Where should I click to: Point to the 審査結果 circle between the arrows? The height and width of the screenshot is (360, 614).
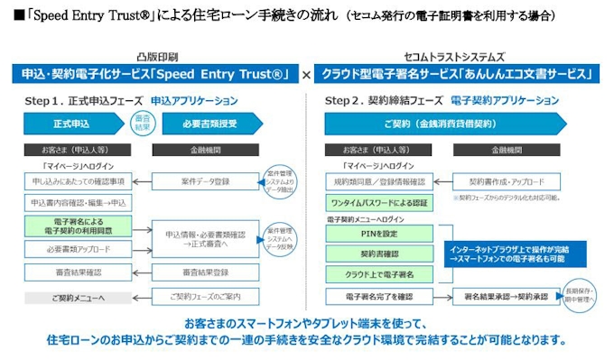[142, 122]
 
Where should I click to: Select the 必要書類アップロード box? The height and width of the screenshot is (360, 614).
[77, 249]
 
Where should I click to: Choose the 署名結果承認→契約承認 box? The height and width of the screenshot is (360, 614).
[506, 295]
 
